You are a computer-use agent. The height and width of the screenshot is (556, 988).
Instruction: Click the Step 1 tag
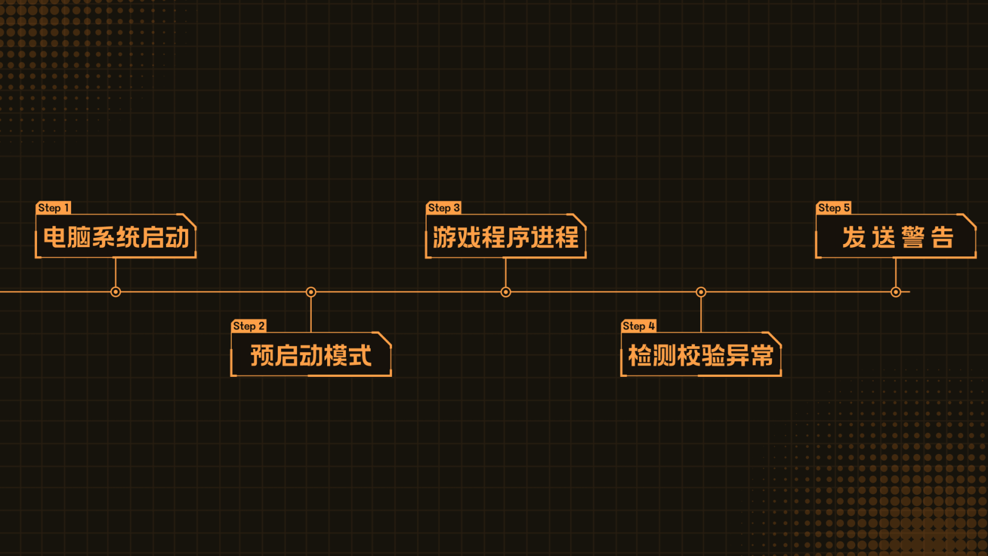click(53, 208)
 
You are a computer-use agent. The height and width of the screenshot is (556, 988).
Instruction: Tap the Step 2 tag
click(248, 326)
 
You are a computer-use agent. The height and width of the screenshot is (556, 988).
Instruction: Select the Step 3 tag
click(443, 208)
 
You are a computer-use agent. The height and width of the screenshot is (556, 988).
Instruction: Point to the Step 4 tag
click(638, 326)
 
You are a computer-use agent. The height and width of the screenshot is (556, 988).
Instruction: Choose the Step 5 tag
click(834, 208)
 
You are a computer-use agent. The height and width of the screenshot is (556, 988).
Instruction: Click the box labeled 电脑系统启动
click(116, 237)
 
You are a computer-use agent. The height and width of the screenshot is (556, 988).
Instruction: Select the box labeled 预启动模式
click(311, 355)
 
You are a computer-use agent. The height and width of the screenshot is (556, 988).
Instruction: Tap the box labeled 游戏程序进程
click(506, 237)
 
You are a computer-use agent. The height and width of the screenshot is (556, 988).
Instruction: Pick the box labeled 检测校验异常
click(701, 355)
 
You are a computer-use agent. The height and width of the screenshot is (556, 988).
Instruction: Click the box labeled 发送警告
click(896, 237)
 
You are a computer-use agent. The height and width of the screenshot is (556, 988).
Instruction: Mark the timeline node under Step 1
click(115, 292)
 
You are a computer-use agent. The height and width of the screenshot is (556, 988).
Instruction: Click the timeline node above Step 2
click(311, 292)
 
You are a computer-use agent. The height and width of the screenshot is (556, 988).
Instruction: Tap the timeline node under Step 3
click(506, 292)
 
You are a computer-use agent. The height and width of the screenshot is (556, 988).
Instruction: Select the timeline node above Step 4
click(701, 292)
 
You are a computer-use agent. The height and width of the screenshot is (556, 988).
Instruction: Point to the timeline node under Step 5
click(896, 292)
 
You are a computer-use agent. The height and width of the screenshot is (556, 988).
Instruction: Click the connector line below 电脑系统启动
click(115, 272)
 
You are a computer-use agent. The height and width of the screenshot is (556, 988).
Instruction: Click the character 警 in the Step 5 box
click(912, 237)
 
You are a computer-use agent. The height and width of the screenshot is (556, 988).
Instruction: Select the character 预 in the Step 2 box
click(262, 356)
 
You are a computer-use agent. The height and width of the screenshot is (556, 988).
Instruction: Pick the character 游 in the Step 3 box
click(445, 237)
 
